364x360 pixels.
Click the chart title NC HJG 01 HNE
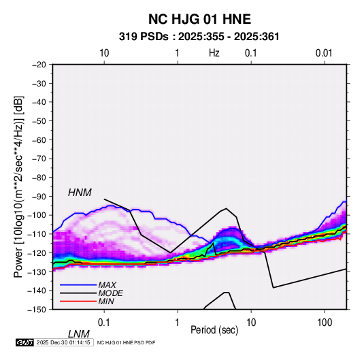click(x=199, y=19)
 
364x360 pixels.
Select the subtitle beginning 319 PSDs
click(x=199, y=37)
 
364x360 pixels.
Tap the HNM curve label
click(x=80, y=193)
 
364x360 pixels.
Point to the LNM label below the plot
click(x=79, y=334)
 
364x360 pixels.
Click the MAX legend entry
click(x=107, y=284)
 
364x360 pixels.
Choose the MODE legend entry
click(x=110, y=293)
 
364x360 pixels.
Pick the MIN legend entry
click(x=106, y=301)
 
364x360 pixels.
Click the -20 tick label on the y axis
click(x=39, y=65)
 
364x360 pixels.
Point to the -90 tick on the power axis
click(x=39, y=196)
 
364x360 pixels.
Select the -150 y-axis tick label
click(x=37, y=310)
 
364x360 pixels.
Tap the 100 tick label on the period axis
click(x=325, y=323)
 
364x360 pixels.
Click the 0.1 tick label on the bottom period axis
click(x=104, y=323)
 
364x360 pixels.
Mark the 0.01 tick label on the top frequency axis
click(x=324, y=53)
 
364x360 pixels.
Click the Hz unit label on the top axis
click(x=214, y=53)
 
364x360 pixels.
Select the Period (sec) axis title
click(x=214, y=330)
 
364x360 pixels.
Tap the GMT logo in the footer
click(x=25, y=342)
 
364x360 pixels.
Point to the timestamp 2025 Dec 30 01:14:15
click(x=63, y=342)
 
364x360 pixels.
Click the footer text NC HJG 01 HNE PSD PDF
click(x=126, y=342)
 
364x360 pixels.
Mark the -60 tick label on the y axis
click(x=39, y=140)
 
